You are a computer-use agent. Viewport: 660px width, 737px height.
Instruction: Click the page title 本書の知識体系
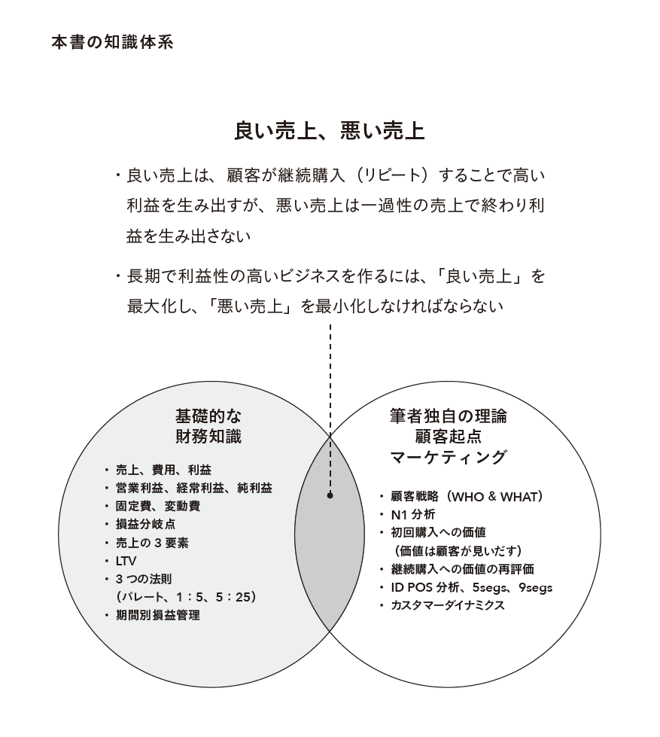[112, 42]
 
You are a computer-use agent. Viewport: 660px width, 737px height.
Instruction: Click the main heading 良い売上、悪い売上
[330, 130]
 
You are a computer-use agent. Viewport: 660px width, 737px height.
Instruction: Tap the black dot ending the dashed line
[330, 495]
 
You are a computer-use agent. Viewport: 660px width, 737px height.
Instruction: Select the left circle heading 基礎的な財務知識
[208, 426]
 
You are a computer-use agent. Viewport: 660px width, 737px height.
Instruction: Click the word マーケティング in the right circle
[449, 457]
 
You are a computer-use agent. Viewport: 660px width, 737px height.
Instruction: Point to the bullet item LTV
[126, 561]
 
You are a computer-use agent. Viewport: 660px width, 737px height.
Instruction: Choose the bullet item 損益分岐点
[145, 524]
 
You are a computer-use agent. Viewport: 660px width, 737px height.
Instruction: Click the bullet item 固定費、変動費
[158, 506]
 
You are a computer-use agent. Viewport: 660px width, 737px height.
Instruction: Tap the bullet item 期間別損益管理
[158, 615]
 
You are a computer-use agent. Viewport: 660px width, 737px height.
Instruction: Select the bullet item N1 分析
[413, 515]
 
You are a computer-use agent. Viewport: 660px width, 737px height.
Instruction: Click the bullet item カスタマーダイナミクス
[448, 605]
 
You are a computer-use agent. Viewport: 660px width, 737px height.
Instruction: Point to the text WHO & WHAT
[492, 497]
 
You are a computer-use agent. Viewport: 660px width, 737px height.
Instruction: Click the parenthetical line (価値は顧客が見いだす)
[458, 551]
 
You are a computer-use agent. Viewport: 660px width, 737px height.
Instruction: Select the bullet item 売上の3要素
[152, 543]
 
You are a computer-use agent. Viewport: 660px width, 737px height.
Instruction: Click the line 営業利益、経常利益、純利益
[193, 488]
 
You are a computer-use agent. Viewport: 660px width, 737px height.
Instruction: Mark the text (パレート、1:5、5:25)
[186, 597]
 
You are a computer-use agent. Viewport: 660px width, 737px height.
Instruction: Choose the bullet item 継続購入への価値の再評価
[462, 569]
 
